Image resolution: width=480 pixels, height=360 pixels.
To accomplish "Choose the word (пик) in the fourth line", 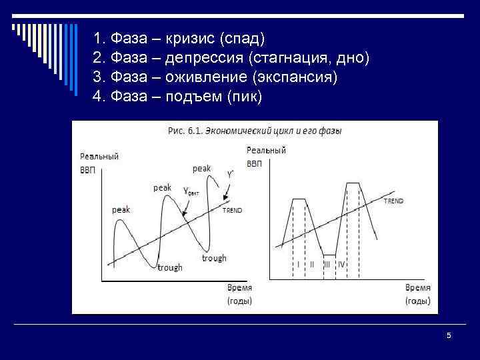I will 245,97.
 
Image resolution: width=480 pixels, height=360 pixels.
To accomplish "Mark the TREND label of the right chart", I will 393,200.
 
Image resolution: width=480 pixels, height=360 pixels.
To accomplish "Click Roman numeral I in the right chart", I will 298,265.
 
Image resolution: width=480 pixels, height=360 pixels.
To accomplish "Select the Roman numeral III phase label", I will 327,265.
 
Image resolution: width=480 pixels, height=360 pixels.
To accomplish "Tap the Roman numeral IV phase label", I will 341,265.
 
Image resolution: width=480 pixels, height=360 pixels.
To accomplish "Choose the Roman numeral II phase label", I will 311,265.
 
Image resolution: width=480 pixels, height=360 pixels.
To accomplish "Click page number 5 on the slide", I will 449,336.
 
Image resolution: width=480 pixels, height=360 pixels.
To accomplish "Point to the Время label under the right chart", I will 418,288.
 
